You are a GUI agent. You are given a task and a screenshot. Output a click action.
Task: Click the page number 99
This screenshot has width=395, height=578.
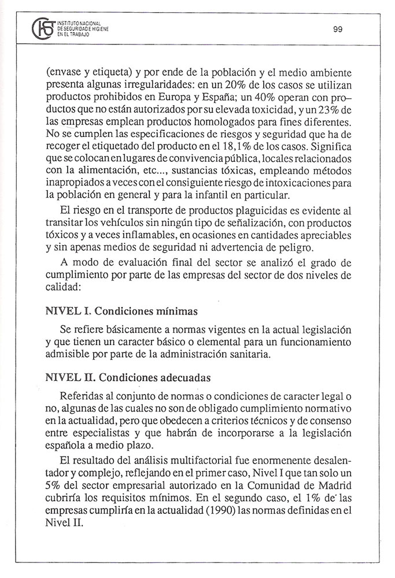point(338,30)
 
